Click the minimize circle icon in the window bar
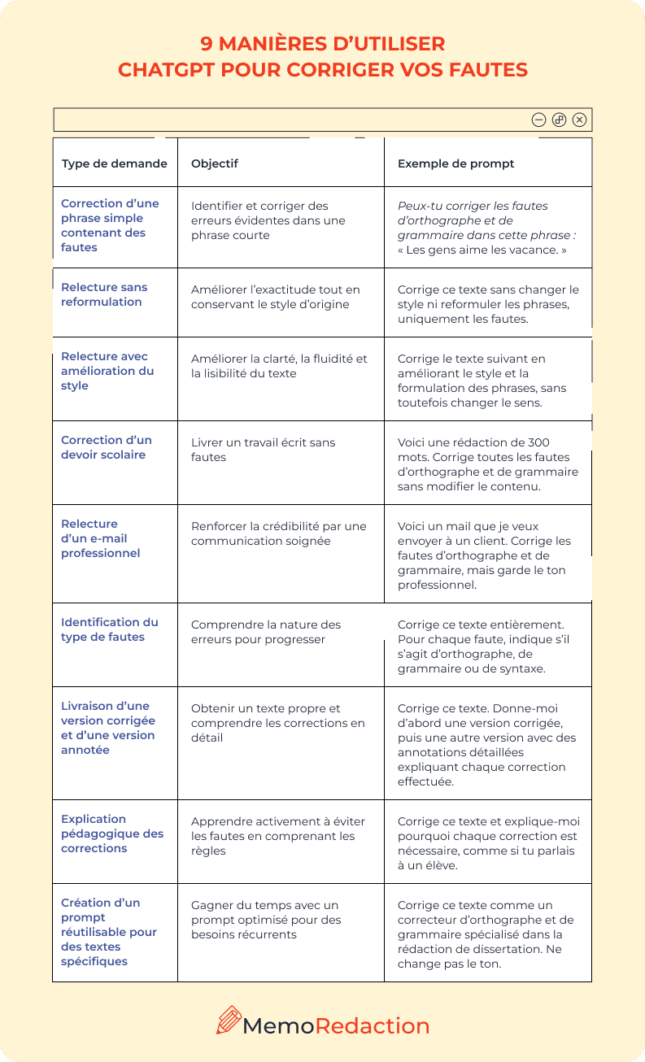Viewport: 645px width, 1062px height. coord(538,120)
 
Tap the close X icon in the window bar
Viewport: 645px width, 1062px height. coord(579,120)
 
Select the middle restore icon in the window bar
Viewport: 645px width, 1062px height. coord(559,120)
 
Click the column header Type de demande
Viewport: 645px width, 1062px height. coord(115,163)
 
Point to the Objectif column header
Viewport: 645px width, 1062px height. coord(215,163)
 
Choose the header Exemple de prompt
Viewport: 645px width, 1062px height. coord(455,163)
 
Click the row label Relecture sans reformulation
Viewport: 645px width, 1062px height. coord(104,294)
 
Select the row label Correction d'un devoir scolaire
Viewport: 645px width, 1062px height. coord(106,447)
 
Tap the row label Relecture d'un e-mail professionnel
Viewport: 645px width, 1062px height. coord(100,538)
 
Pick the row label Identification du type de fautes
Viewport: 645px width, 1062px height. coord(109,629)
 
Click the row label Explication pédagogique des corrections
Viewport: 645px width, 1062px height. coord(111,833)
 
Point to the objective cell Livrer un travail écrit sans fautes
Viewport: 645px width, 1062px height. coord(263,450)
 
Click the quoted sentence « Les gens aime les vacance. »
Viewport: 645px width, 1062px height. coord(482,250)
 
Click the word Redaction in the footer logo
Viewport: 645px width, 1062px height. coord(372,1025)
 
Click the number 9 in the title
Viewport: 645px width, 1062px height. coord(206,43)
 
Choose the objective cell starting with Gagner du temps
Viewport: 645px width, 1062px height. coord(265,920)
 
